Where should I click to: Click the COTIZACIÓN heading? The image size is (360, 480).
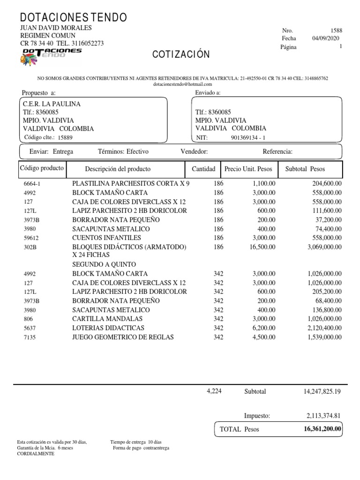(180, 55)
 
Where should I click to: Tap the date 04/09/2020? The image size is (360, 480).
(327, 38)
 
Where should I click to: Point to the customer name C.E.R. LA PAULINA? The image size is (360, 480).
(52, 104)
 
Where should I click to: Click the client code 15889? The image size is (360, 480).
(65, 138)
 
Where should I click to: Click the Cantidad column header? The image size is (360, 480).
(204, 169)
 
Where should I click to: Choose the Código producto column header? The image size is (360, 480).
(42, 168)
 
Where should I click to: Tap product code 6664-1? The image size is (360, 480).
(32, 184)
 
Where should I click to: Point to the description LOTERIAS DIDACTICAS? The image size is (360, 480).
(108, 328)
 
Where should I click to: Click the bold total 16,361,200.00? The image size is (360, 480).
(322, 428)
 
